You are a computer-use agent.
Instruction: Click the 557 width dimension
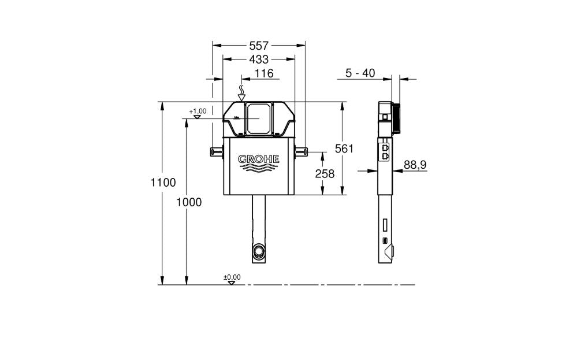point(259,45)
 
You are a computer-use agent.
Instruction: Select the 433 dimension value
point(259,59)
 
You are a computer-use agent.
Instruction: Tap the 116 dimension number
point(263,73)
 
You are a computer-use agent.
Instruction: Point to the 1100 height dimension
point(163,183)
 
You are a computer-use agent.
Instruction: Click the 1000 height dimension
point(188,202)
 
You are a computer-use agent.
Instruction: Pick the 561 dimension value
point(344,149)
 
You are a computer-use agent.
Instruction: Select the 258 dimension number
point(325,174)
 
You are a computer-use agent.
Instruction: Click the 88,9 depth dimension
point(415,165)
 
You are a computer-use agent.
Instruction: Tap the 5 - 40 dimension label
point(360,73)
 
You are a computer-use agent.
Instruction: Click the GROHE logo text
point(259,159)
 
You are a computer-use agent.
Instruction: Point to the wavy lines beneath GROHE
point(259,169)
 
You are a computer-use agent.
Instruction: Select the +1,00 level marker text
point(197,111)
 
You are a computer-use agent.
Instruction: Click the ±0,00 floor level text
point(232,277)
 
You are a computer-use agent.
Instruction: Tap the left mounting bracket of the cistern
point(216,151)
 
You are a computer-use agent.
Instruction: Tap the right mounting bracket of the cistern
point(301,151)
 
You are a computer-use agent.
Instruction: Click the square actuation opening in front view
point(258,118)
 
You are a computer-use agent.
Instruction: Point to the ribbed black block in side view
point(396,118)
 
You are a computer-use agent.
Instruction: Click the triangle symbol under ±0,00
point(232,283)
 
